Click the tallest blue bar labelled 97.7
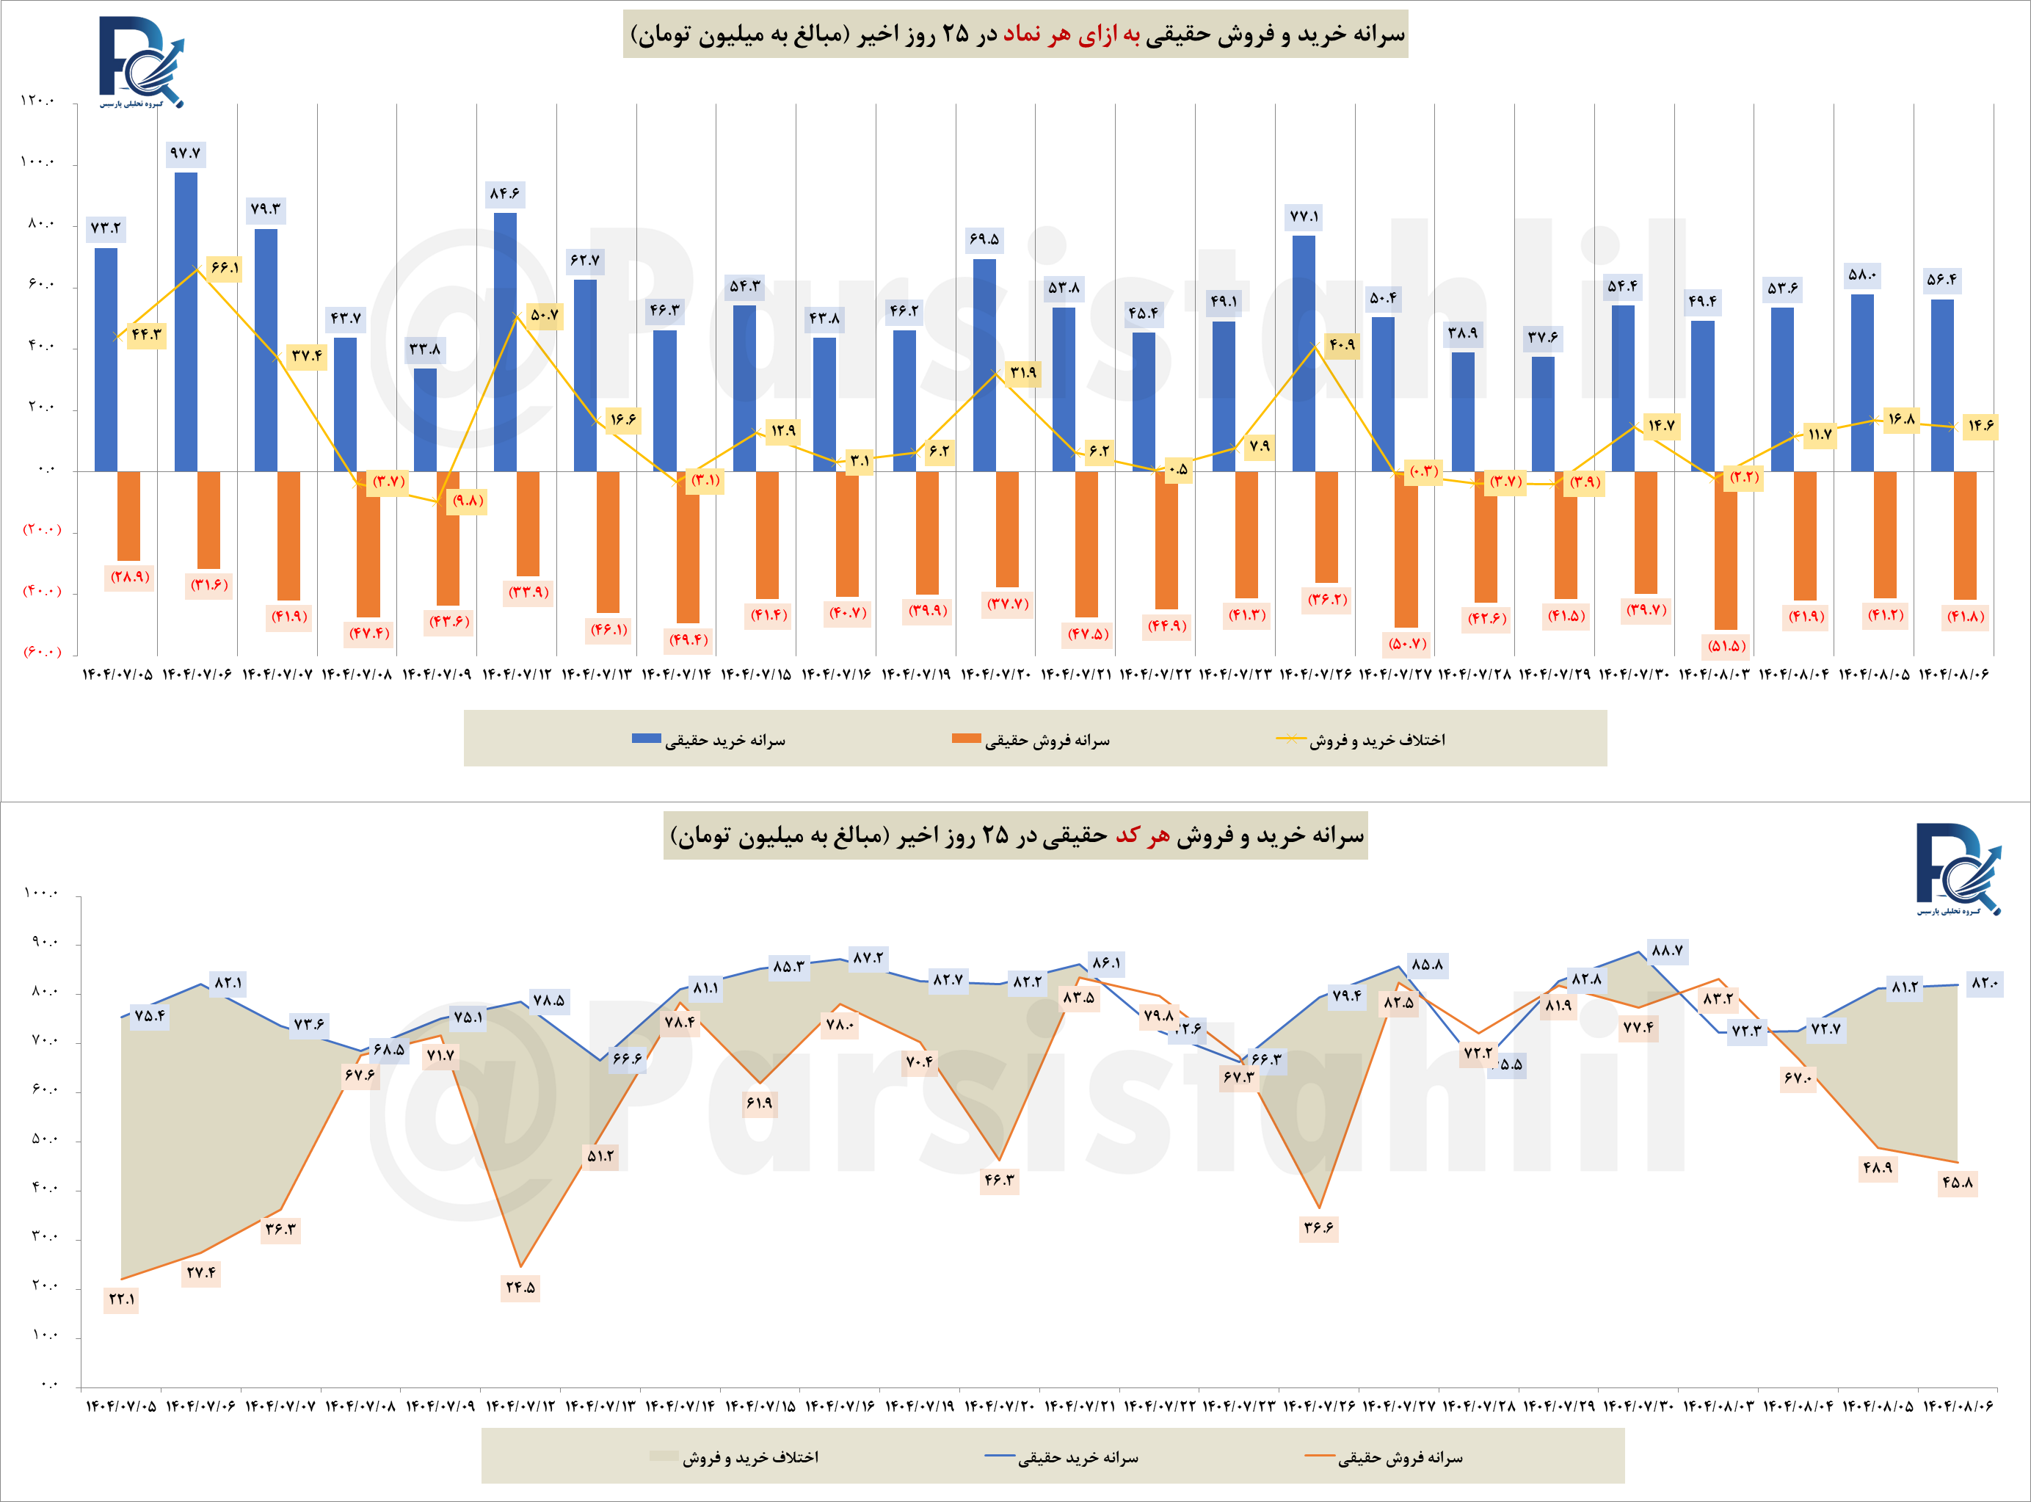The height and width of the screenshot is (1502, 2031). pos(186,321)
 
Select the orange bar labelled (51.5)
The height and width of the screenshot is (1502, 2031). pos(1726,549)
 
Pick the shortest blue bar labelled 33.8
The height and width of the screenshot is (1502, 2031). pos(424,419)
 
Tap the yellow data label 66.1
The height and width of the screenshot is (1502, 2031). pos(224,268)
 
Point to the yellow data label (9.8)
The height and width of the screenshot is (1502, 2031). pos(468,501)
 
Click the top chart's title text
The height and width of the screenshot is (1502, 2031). pos(1016,35)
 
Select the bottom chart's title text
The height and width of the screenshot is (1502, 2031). pos(1016,835)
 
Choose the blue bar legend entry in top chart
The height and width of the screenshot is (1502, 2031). pos(709,740)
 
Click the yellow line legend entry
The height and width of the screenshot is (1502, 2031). pos(1361,740)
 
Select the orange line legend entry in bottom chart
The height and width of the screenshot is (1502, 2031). pos(1384,1457)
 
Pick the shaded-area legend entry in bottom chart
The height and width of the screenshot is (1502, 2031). pos(735,1457)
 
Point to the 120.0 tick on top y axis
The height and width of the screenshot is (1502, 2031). pos(37,101)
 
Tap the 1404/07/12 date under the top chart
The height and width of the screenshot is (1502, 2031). pos(517,675)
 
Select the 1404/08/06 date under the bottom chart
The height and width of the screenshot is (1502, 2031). pos(1958,1407)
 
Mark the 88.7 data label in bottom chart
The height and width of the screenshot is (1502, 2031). pos(1666,951)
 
